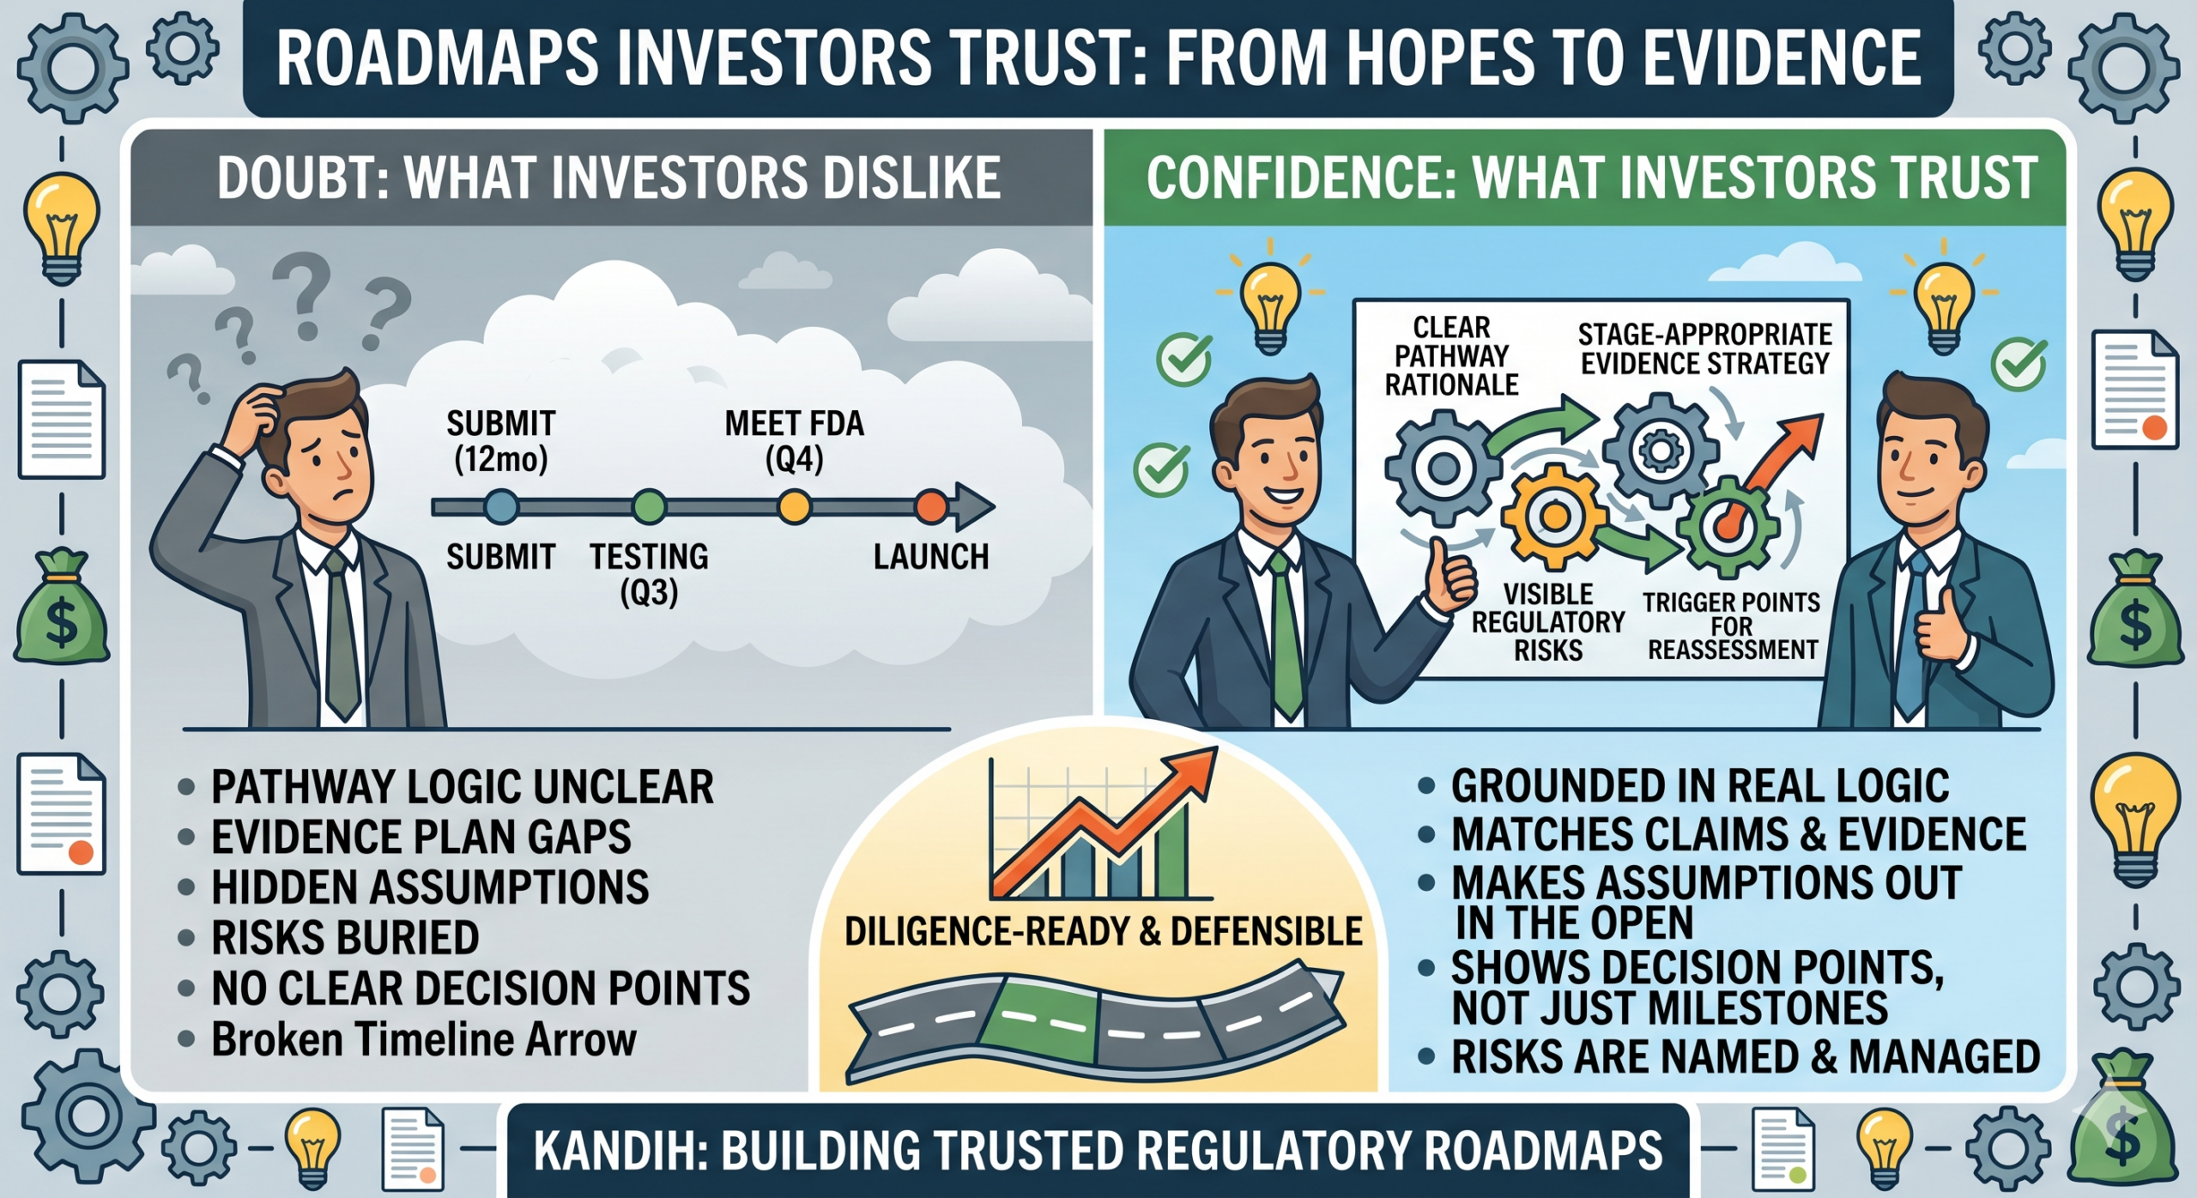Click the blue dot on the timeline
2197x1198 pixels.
click(x=501, y=507)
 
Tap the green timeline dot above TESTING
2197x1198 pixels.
click(x=649, y=507)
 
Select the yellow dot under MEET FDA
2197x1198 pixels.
click(x=794, y=507)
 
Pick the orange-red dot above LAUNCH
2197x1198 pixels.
click(x=931, y=507)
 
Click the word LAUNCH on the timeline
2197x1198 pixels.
click(x=931, y=558)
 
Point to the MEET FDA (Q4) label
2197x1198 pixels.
click(x=794, y=442)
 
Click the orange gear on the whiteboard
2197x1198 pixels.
click(x=1553, y=516)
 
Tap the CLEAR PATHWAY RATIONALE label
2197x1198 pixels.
click(x=1452, y=356)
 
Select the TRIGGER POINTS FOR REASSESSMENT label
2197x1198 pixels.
click(x=1732, y=626)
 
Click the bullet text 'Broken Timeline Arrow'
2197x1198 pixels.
click(x=424, y=1039)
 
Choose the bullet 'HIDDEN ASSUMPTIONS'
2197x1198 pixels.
click(x=430, y=887)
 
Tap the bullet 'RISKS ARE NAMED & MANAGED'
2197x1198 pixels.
click(x=1746, y=1056)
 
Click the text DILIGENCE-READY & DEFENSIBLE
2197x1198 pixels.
click(x=1103, y=932)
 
